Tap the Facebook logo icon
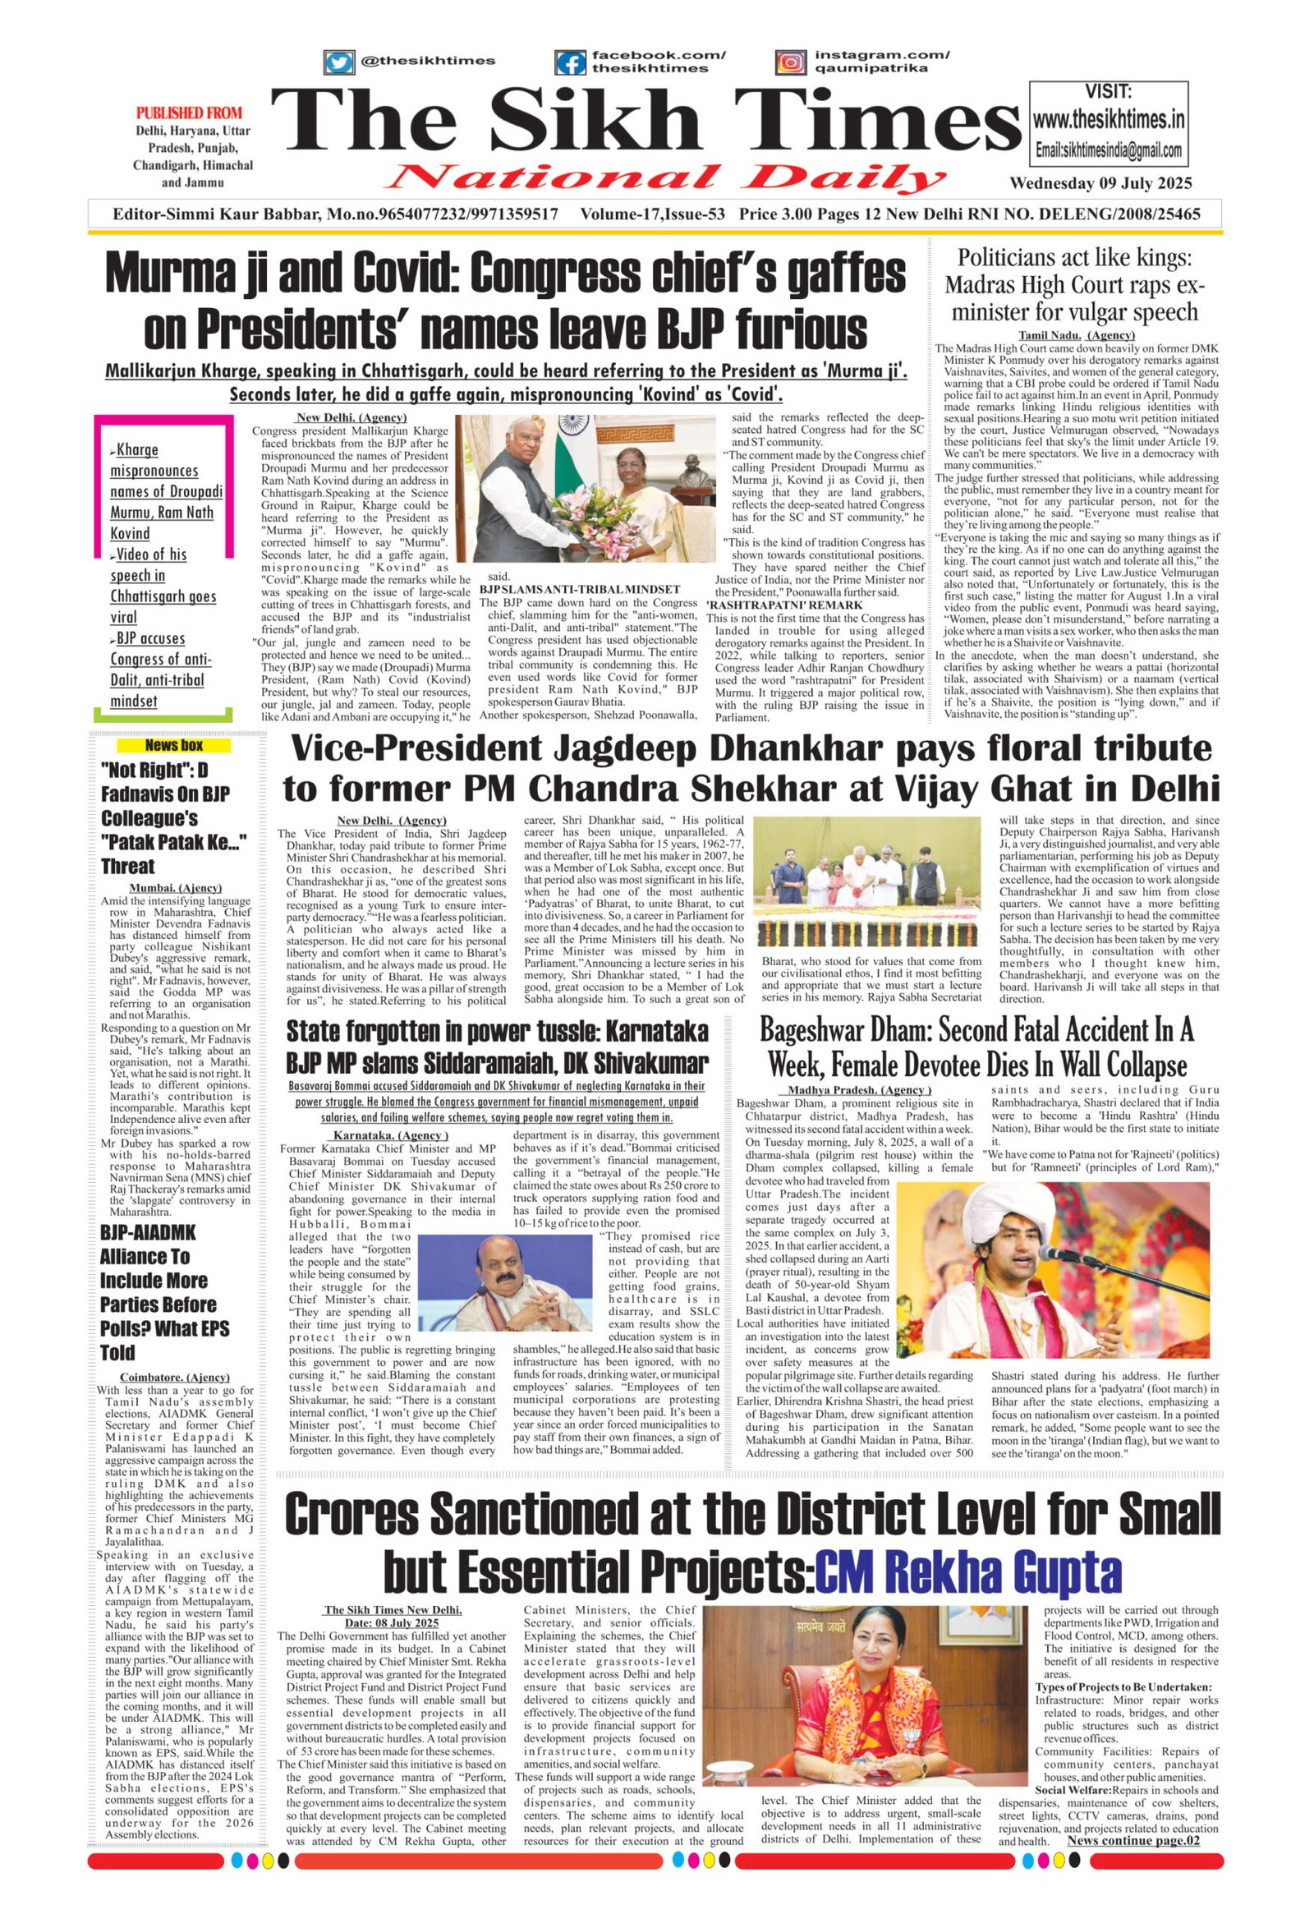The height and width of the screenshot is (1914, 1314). pyautogui.click(x=569, y=62)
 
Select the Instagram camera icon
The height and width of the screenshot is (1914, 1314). pyautogui.click(x=789, y=62)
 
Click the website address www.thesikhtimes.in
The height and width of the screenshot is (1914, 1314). pyautogui.click(x=1108, y=120)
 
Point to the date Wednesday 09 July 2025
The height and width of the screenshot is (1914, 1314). pyautogui.click(x=1100, y=183)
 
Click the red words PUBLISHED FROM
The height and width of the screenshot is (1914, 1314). pyautogui.click(x=189, y=113)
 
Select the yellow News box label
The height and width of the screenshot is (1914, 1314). pyautogui.click(x=174, y=745)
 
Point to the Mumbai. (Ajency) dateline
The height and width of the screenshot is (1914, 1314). pyautogui.click(x=176, y=888)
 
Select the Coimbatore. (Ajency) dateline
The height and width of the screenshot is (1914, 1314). pyautogui.click(x=175, y=1376)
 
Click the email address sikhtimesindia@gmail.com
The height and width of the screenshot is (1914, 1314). pyautogui.click(x=1109, y=150)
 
